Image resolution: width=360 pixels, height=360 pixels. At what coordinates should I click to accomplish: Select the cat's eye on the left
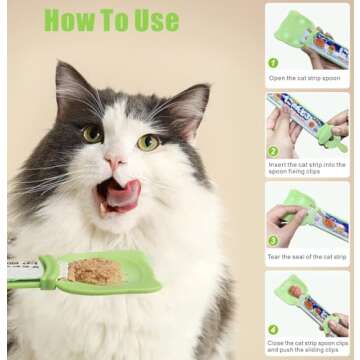coord(93,133)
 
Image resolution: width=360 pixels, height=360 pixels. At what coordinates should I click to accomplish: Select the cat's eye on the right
coord(148,142)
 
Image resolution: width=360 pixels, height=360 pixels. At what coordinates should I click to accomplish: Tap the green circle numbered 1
coord(272,62)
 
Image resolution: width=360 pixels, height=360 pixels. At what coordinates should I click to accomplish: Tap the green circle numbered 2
coord(272,151)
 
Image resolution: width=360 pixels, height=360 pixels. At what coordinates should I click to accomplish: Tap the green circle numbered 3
coord(272,240)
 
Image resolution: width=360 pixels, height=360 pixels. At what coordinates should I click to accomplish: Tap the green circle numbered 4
coord(272,329)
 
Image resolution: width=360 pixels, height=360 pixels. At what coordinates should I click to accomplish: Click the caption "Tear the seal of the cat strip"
coord(308,256)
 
